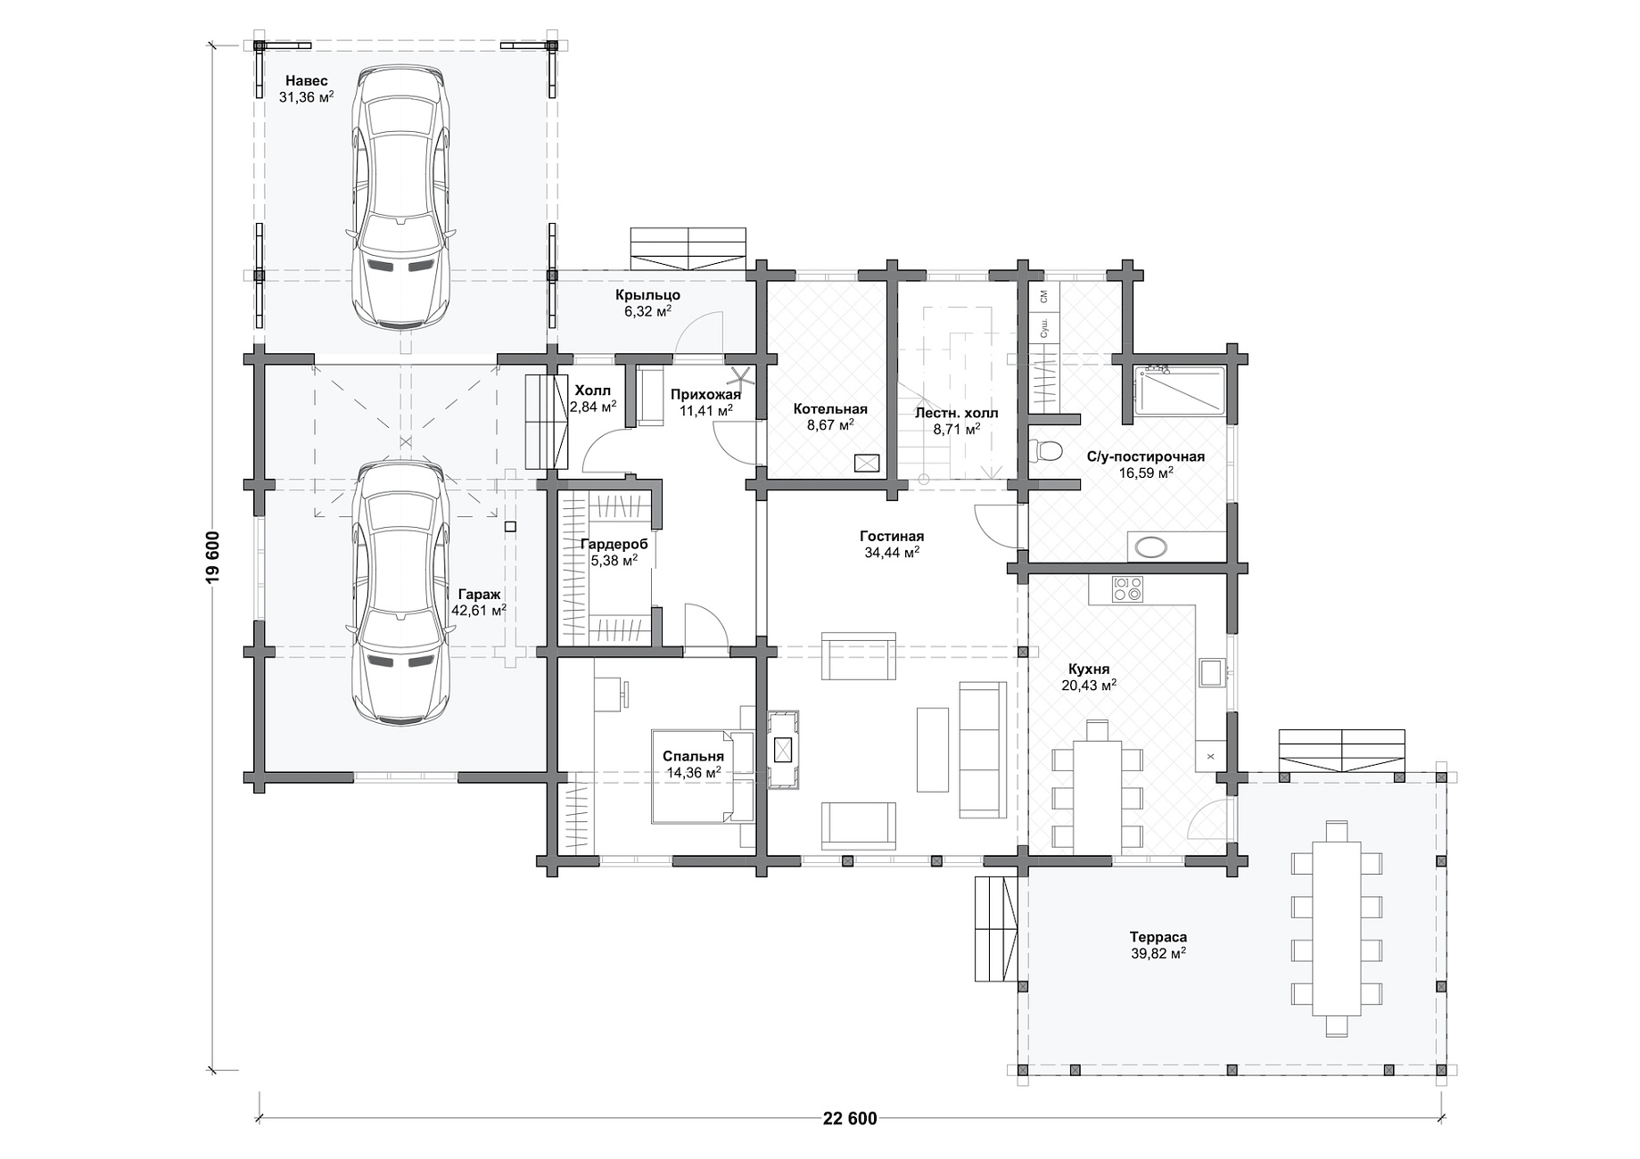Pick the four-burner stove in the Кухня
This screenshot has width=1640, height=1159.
[x=1127, y=588]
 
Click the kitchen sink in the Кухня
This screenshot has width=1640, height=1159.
[x=1211, y=672]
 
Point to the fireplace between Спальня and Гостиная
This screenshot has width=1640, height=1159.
[x=783, y=750]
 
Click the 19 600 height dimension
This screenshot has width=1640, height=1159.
[x=211, y=557]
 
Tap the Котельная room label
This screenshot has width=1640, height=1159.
[x=829, y=409]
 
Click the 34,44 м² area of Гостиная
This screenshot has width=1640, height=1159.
[x=891, y=553]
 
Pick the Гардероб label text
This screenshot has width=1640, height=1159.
[x=614, y=544]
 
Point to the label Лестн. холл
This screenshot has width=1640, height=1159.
[x=956, y=413]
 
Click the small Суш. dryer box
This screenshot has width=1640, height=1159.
[x=1044, y=328]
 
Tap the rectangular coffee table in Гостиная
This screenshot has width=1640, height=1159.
[x=933, y=749]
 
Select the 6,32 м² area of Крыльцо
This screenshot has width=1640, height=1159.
[x=647, y=311]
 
